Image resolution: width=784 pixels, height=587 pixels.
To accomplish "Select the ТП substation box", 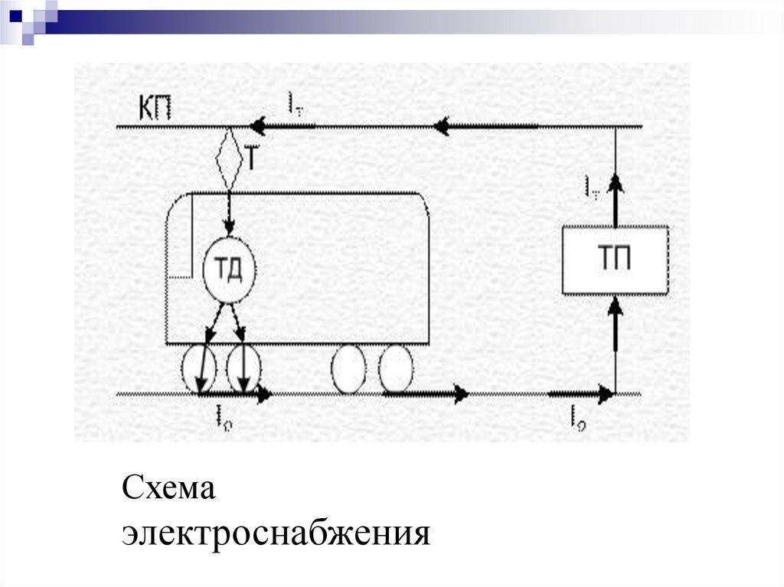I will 615,260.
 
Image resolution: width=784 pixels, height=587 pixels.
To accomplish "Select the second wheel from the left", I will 243,368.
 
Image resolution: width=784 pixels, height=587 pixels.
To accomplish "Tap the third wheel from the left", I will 348,368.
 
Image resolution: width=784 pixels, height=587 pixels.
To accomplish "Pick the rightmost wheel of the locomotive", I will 395,368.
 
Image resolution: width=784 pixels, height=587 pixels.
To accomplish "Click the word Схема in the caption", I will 169,488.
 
